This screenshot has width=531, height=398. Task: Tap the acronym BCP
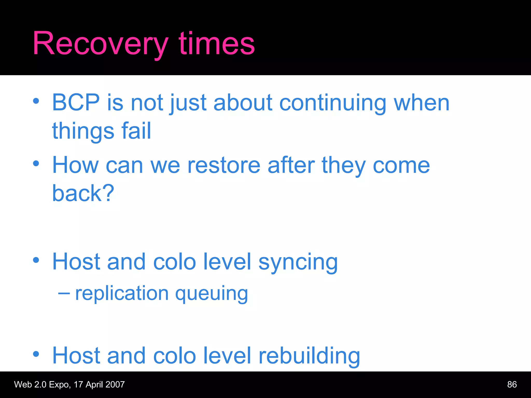point(76,103)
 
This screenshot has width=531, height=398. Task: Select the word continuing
point(333,103)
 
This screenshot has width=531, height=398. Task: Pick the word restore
point(224,166)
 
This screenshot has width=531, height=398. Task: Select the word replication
point(122,293)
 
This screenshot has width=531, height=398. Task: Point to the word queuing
point(212,294)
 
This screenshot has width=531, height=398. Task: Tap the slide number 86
point(512,385)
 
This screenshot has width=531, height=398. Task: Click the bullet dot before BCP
point(36,101)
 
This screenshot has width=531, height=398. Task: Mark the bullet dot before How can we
point(36,164)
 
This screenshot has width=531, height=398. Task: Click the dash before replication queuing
point(64,293)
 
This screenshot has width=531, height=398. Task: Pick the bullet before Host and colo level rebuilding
point(36,354)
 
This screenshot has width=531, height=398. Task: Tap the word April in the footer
point(94,385)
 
